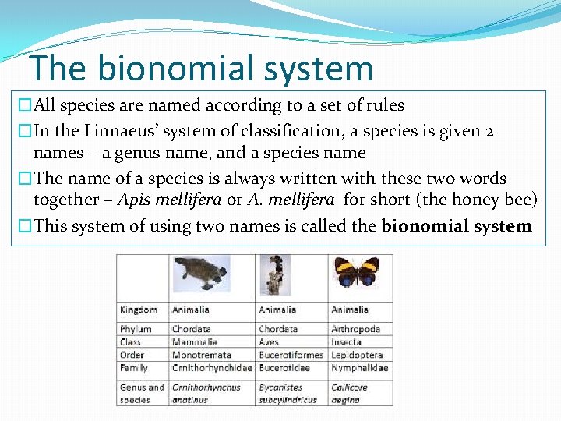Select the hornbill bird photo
click(274, 274)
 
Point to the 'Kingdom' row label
click(139, 310)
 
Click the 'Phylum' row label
click(136, 329)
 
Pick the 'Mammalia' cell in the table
click(195, 341)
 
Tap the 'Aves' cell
click(269, 341)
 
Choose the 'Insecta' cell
click(347, 341)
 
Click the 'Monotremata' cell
click(201, 355)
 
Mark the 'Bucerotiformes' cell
click(291, 355)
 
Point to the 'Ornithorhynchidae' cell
click(212, 367)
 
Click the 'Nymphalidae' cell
click(360, 367)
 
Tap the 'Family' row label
click(134, 367)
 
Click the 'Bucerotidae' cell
click(284, 367)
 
